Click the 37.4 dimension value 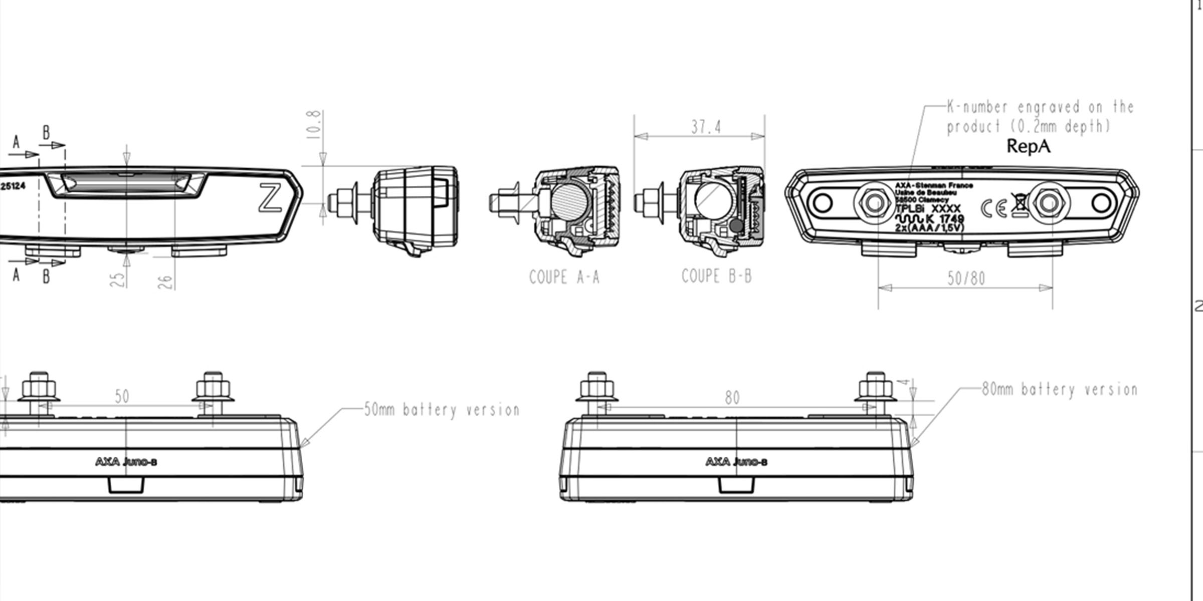coord(706,127)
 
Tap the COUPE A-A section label coord(564,277)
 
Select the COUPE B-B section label coord(716,276)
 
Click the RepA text coord(1028,146)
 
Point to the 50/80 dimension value coord(966,278)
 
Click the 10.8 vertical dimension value coord(313,125)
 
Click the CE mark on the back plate coord(993,208)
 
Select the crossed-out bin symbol coord(1019,205)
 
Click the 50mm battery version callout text coord(441,410)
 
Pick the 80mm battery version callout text coord(1059,390)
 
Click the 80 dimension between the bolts coord(732,398)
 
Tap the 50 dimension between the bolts coord(122,397)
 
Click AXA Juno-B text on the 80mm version coord(736,462)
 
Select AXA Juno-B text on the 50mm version coord(126,462)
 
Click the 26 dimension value coord(166,282)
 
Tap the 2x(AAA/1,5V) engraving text coord(929,228)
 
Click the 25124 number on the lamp coord(13,186)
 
